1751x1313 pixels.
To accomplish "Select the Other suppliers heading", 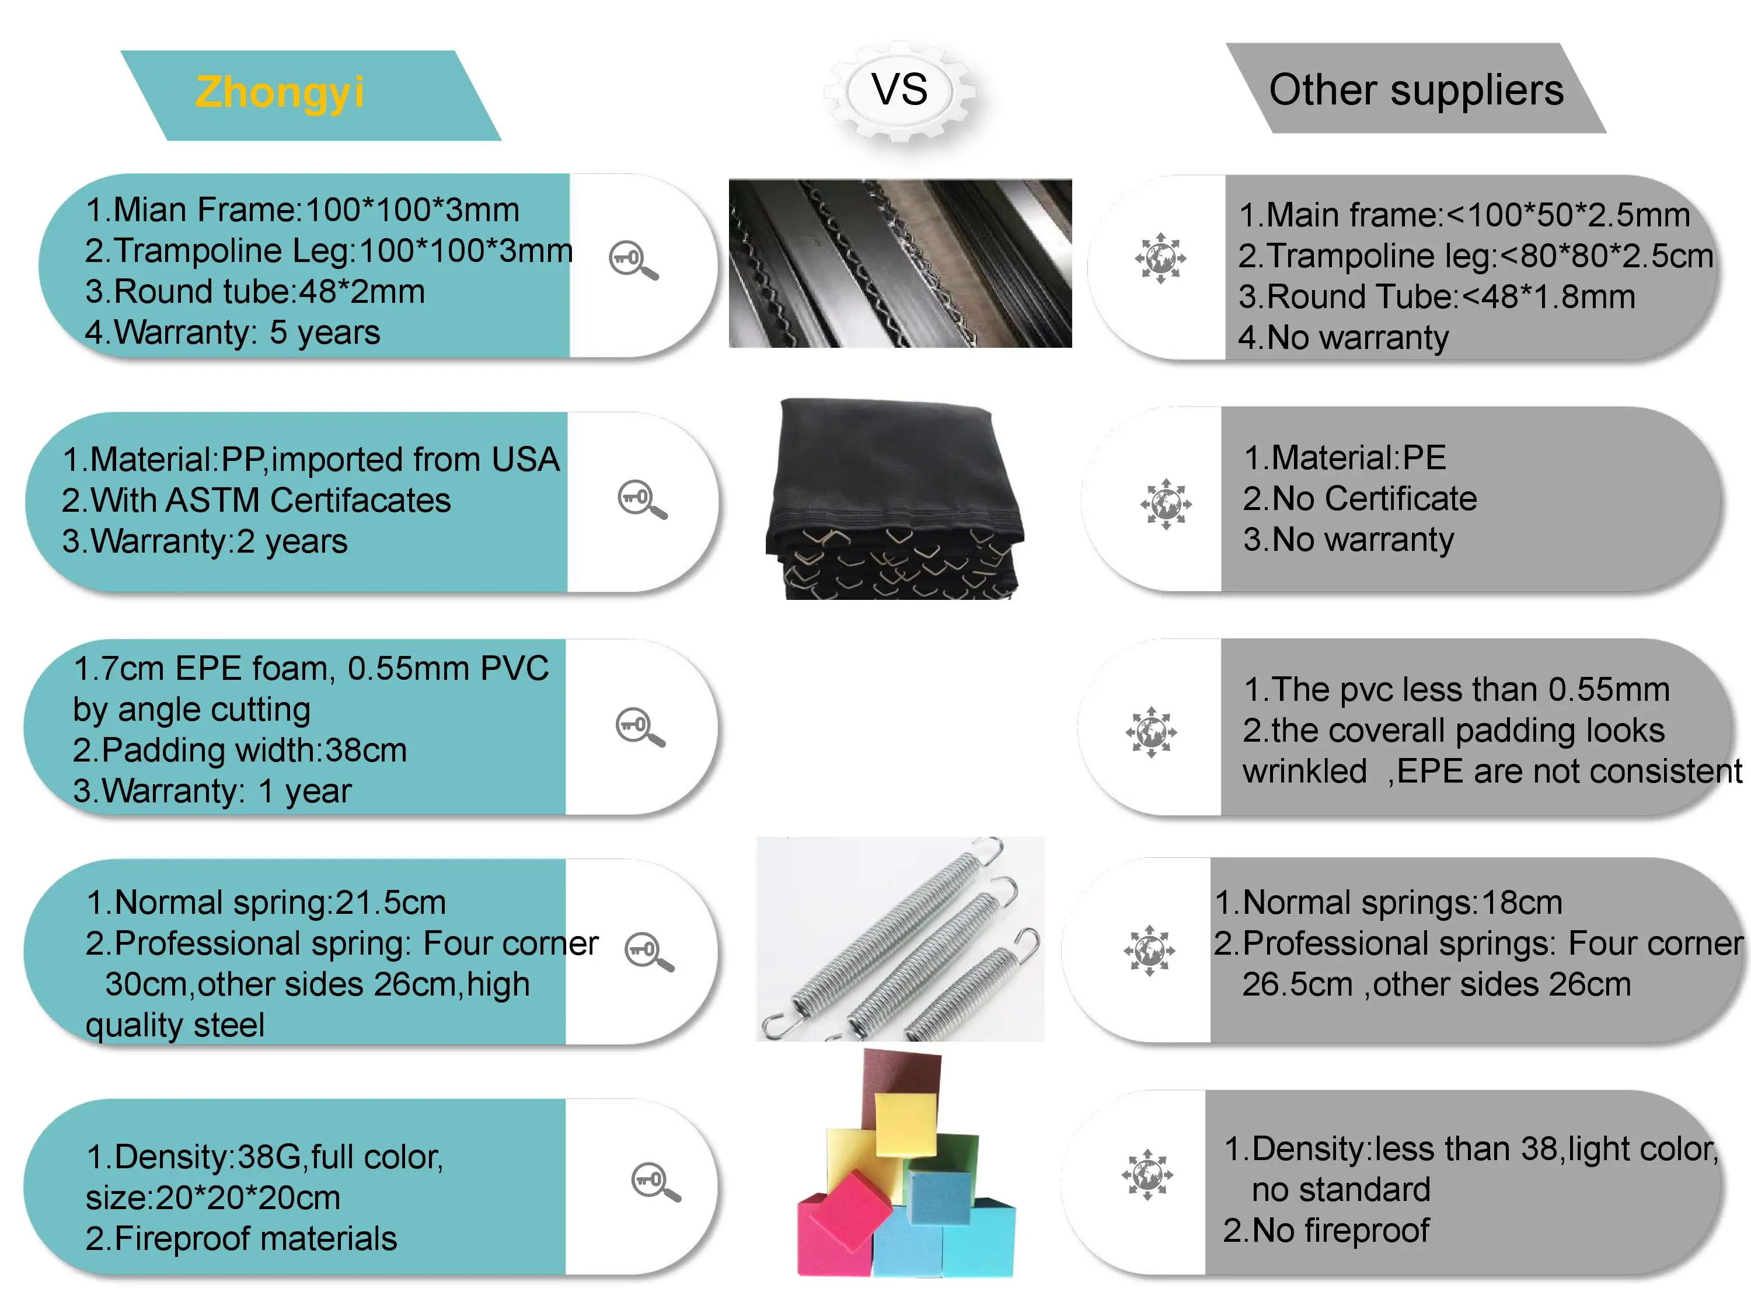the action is point(1415,89).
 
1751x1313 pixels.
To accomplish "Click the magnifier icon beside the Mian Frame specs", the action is point(633,260).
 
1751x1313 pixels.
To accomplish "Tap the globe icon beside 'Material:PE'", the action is point(1165,504).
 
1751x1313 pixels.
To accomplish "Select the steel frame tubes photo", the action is point(900,263).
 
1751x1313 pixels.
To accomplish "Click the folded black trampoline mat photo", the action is point(895,498).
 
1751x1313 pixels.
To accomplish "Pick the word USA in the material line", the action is point(525,460).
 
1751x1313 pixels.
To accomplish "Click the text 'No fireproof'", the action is point(1340,1231).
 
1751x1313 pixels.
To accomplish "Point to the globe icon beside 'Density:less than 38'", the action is point(1147,1175).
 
